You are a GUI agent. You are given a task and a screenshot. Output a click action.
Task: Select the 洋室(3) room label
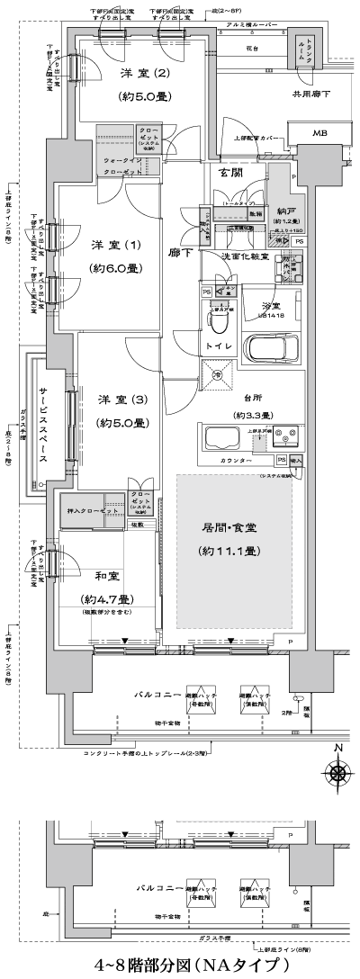pyautogui.click(x=115, y=400)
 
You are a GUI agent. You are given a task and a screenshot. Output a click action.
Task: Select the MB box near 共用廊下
pyautogui.click(x=319, y=134)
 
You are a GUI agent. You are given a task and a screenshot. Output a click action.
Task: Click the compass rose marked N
pyautogui.click(x=338, y=771)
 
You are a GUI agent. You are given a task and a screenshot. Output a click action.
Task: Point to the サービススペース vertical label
pyautogui.click(x=42, y=425)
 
